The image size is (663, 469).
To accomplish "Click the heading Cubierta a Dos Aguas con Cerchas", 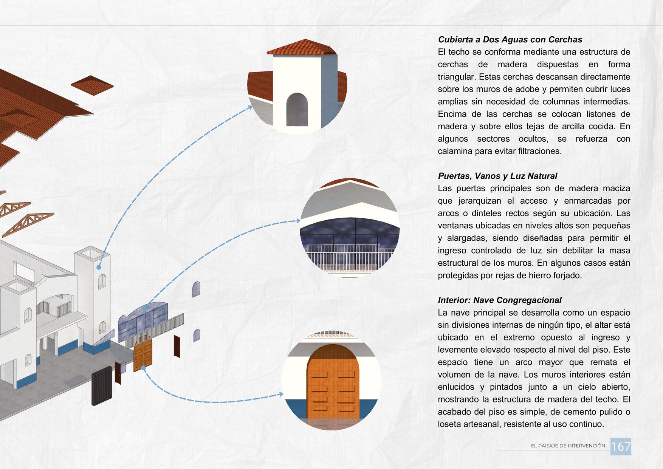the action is click(x=510, y=40).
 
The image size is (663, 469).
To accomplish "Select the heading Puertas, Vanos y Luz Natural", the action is click(x=497, y=176).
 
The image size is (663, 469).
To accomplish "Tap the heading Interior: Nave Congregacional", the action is click(x=499, y=300).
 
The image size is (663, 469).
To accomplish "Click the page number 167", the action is click(x=621, y=447).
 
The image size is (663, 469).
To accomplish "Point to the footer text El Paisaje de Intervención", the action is click(x=568, y=446).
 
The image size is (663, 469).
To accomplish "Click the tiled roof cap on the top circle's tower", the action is click(x=301, y=48).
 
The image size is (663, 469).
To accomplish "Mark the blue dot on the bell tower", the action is click(x=99, y=267).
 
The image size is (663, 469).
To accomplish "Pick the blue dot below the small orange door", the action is click(x=143, y=368).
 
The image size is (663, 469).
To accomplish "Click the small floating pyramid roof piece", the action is click(x=92, y=84).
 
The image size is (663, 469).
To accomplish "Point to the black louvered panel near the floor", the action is click(x=102, y=385).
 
